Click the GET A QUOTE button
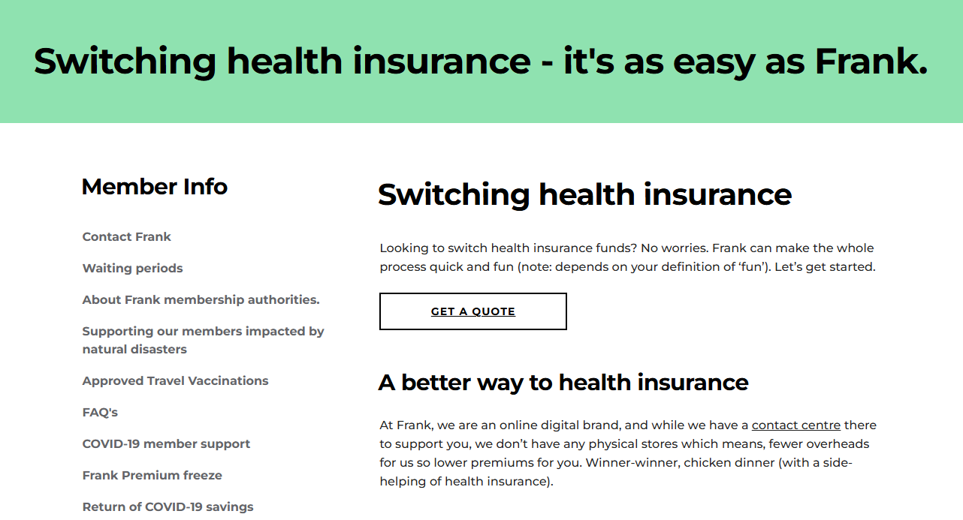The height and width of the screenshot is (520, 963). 473,311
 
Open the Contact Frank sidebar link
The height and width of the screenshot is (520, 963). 126,237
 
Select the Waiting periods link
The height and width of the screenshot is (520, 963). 132,269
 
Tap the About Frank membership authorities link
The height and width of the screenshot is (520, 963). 201,300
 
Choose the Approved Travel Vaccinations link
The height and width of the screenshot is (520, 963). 175,381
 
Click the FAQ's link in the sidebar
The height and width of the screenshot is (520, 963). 100,413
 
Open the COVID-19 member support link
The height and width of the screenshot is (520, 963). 166,444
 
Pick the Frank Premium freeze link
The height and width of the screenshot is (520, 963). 152,476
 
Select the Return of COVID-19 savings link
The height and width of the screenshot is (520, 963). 168,507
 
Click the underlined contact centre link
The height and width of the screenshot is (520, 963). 795,425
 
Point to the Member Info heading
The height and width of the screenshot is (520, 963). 154,187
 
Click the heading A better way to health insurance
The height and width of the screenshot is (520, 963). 563,383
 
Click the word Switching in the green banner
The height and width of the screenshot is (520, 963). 125,62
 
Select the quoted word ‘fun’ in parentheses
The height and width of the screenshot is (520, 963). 752,267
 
